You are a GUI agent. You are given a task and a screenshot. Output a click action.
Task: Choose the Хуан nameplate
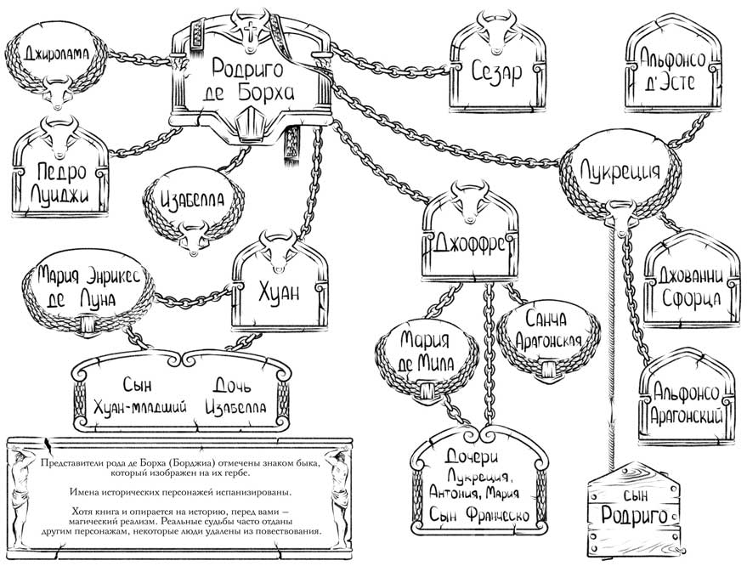point(280,293)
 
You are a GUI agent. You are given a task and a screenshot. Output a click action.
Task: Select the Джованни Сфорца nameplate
point(689,288)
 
